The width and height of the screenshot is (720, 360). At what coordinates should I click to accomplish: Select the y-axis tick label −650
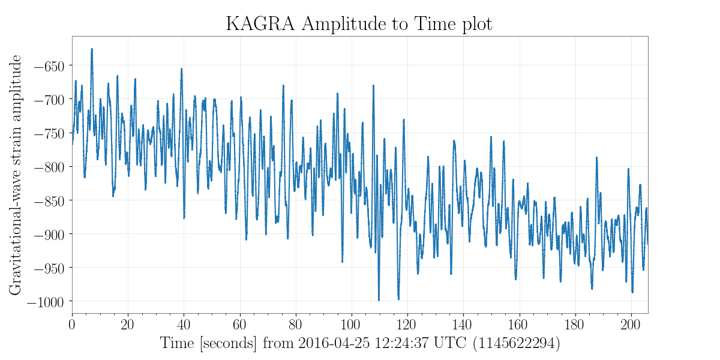(x=47, y=65)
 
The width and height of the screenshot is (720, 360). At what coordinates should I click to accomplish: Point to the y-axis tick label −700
(x=47, y=99)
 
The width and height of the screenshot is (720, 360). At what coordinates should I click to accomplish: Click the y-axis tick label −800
(x=47, y=166)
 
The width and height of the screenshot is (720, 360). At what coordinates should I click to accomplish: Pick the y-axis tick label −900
(x=47, y=233)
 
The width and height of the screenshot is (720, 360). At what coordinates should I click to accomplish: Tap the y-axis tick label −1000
(x=44, y=301)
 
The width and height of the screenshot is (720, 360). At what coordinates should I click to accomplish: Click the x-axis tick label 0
(x=72, y=325)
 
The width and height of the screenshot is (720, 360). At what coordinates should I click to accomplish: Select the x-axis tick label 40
(x=184, y=325)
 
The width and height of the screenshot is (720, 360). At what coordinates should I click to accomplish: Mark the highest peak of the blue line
(x=92, y=49)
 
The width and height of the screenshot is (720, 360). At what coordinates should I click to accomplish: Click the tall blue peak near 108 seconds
(x=373, y=86)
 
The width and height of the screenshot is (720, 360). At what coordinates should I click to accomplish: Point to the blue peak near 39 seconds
(x=181, y=69)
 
